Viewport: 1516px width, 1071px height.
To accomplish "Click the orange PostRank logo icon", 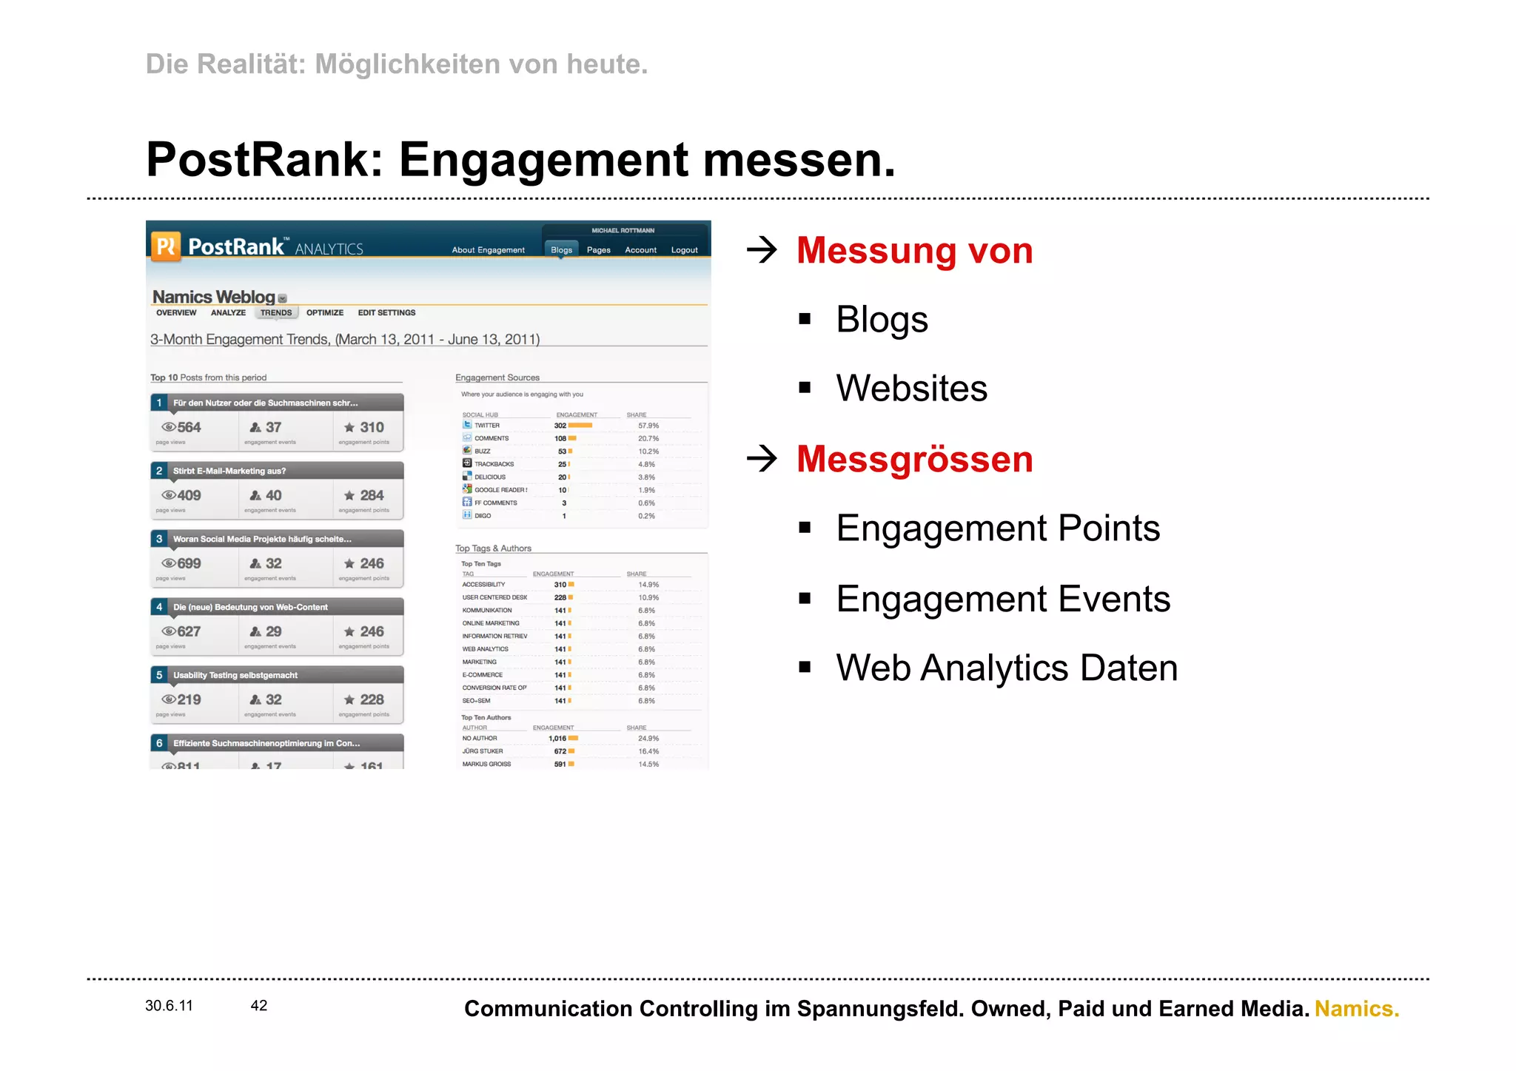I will [x=166, y=246].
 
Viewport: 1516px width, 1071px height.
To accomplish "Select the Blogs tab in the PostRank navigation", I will [x=561, y=250].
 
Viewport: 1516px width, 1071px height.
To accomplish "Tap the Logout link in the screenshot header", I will [x=684, y=250].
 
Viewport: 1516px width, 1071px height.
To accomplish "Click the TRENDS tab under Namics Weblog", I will [x=276, y=313].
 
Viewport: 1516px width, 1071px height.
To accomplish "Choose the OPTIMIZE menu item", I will [x=325, y=313].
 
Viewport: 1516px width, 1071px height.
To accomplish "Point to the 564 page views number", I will [x=189, y=427].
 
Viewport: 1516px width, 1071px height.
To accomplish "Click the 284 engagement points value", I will [x=372, y=495].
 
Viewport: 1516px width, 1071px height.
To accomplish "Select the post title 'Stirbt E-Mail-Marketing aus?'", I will [x=229, y=471].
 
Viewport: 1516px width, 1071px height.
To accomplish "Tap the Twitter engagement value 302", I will [x=560, y=426].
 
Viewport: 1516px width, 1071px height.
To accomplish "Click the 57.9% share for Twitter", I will [x=648, y=426].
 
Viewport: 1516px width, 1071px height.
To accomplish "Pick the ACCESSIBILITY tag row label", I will [x=483, y=585].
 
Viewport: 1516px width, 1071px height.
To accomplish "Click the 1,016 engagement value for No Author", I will [x=557, y=739].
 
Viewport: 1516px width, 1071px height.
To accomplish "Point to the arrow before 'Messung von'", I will [x=762, y=250].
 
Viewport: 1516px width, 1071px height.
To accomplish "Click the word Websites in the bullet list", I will [x=911, y=389].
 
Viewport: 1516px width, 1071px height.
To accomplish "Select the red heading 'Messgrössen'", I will [x=914, y=459].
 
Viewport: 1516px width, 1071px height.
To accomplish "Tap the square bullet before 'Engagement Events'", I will [x=805, y=598].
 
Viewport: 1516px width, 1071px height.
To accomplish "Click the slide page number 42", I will [x=259, y=1006].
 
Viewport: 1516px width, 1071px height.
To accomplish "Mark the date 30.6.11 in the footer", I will [x=169, y=1006].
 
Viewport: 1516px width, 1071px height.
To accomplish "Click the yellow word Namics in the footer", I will [x=1356, y=1009].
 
